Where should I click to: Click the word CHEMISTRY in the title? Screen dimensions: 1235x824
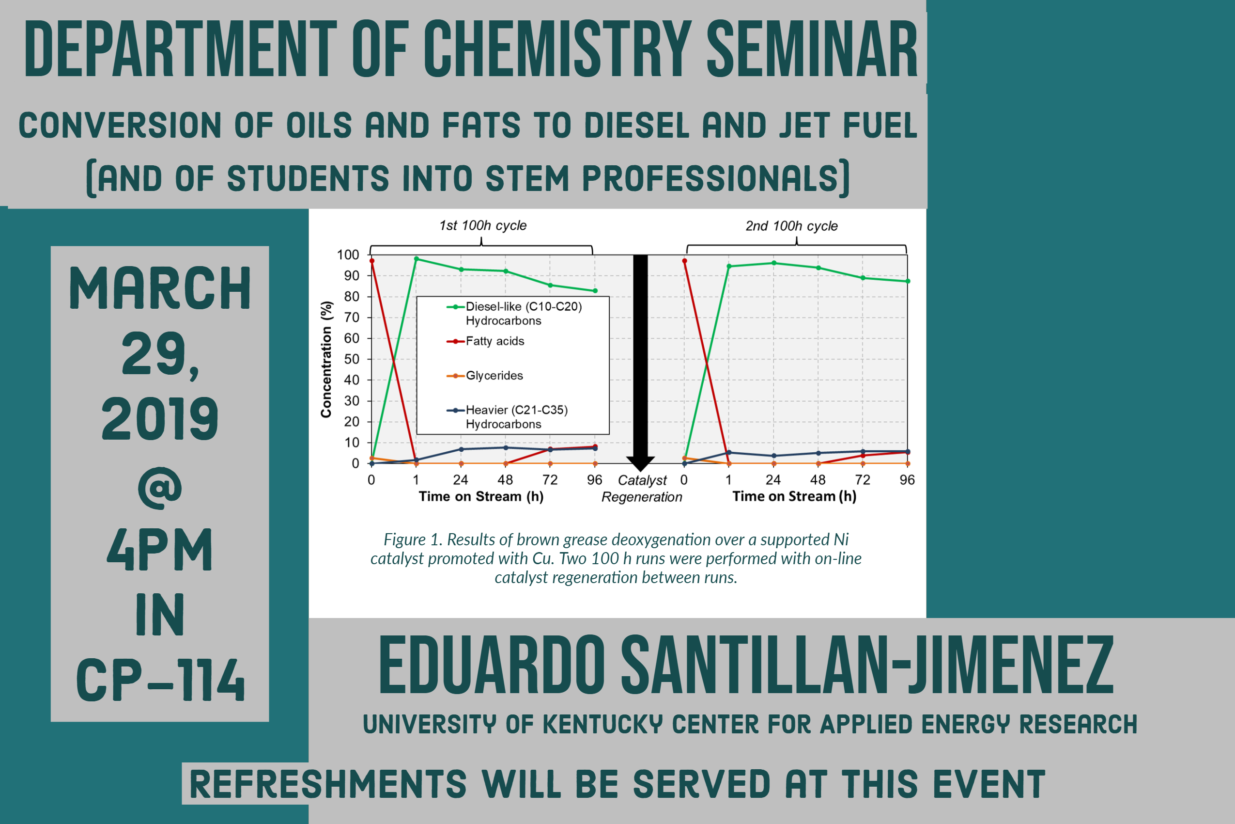point(557,49)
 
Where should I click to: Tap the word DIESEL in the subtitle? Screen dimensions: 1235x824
point(636,125)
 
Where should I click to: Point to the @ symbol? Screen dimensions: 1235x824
point(160,488)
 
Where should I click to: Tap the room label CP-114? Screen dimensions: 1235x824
point(161,680)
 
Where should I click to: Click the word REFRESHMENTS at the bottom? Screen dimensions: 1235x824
point(328,784)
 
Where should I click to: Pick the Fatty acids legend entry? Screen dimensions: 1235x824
point(485,342)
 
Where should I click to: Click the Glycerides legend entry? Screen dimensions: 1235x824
point(485,376)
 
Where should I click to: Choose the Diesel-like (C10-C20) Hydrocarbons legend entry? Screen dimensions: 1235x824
point(514,314)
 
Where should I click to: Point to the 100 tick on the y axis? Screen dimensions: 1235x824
point(348,255)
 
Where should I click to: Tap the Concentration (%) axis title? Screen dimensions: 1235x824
point(326,360)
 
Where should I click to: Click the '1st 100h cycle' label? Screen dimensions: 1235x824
point(482,225)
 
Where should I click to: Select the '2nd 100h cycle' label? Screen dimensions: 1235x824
point(791,226)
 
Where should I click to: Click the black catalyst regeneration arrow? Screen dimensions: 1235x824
point(640,363)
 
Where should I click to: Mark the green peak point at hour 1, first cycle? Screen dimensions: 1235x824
point(417,258)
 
